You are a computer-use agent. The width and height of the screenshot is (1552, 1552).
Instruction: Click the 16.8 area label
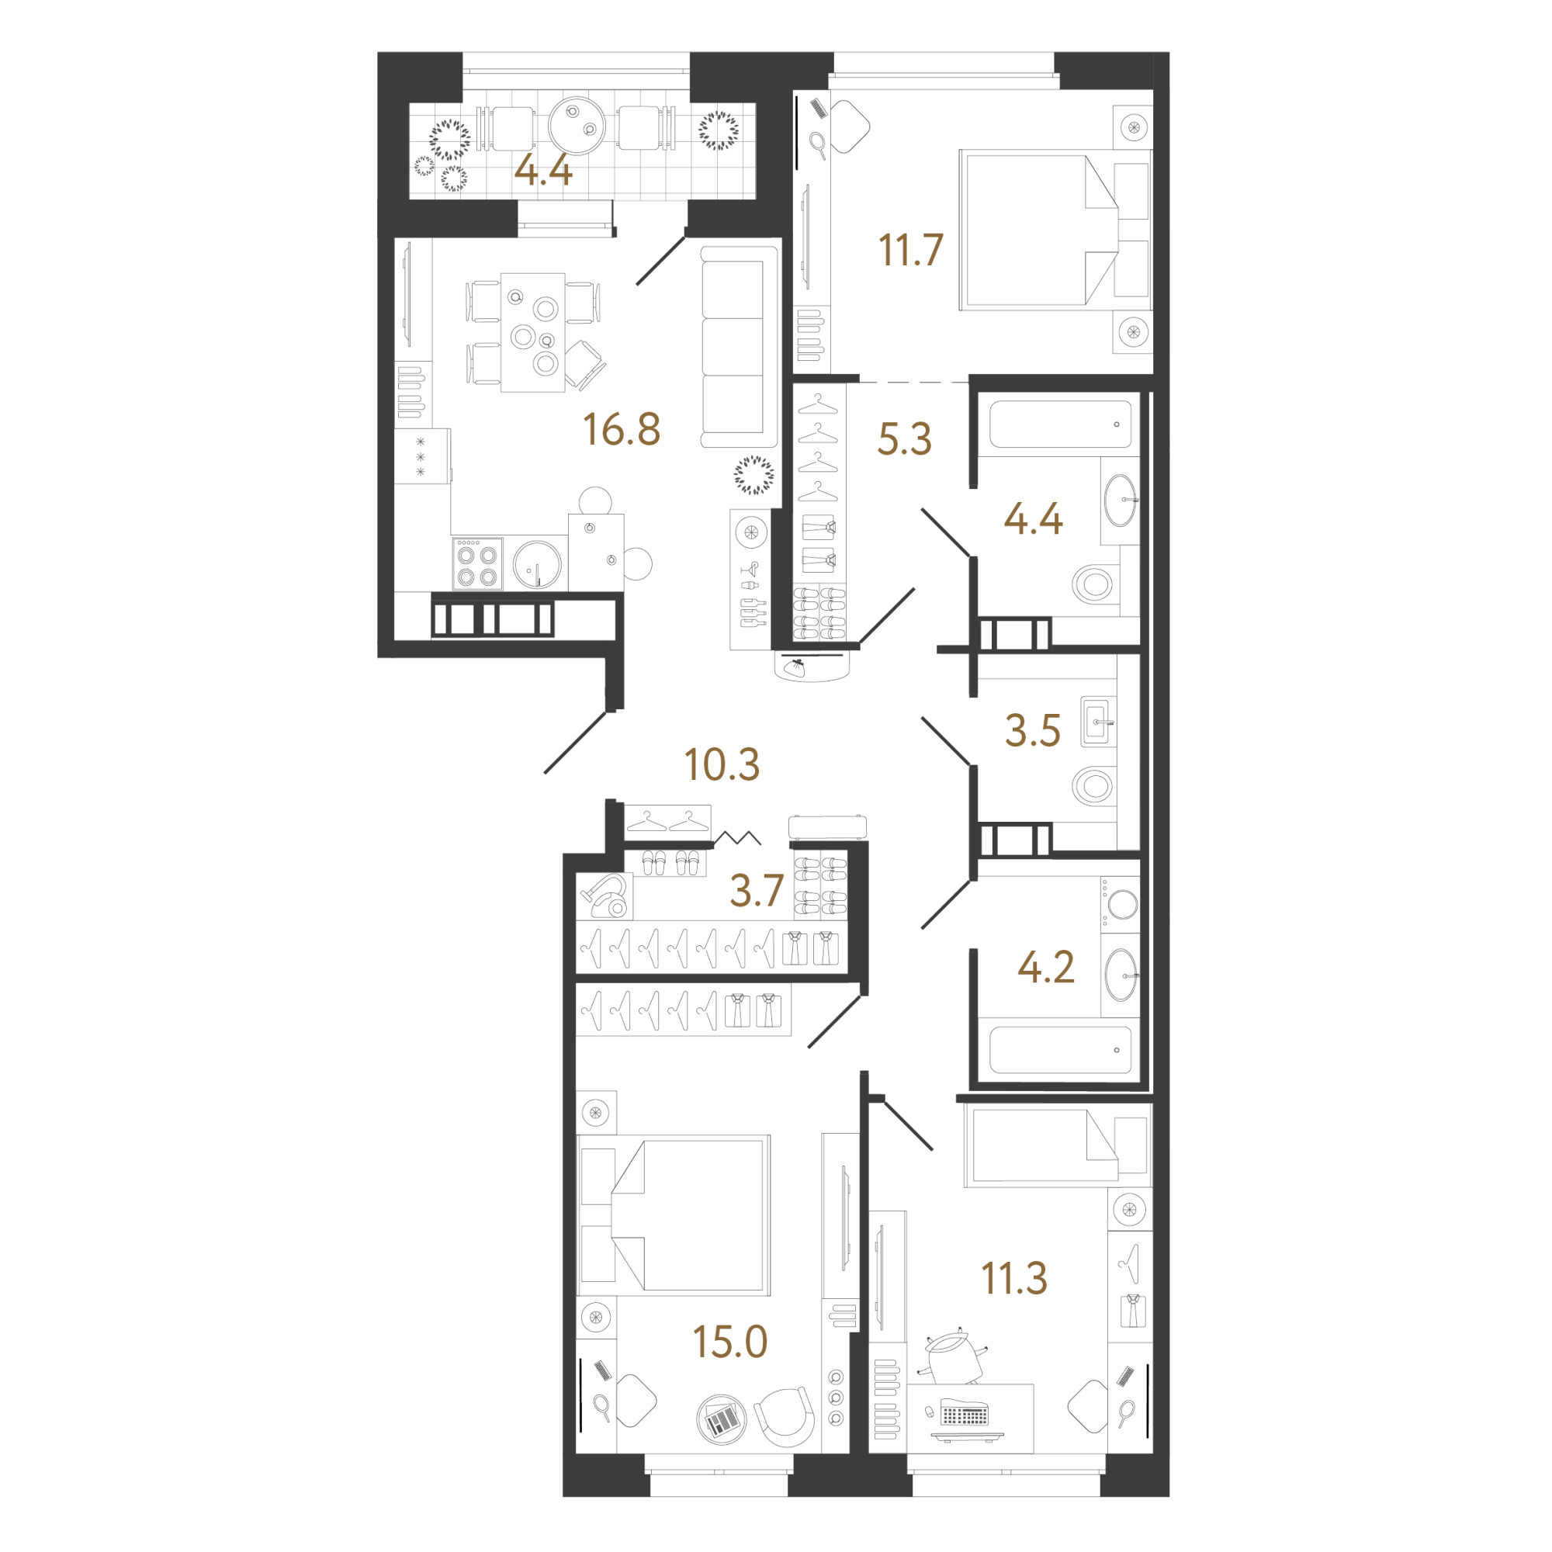[622, 429]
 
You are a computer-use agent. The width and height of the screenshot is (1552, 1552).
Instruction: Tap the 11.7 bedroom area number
[910, 250]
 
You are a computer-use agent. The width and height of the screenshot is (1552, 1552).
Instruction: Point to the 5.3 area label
[905, 438]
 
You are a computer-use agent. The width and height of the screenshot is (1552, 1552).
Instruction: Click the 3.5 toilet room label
[1033, 731]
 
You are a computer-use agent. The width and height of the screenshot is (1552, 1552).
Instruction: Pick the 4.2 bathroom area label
[1046, 967]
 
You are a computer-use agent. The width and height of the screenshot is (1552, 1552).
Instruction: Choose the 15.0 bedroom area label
[730, 1342]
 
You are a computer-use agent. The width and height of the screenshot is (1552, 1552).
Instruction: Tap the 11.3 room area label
[1014, 1279]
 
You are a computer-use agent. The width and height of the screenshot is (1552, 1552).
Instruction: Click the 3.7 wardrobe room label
[757, 891]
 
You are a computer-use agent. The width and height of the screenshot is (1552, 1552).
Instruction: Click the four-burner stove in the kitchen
[477, 564]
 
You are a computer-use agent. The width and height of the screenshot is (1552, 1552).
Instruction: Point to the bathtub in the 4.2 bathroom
[1060, 1048]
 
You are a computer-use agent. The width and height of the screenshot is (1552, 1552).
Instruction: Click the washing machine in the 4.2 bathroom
[1121, 904]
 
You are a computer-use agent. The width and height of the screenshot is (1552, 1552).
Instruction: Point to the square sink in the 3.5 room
[1098, 722]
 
